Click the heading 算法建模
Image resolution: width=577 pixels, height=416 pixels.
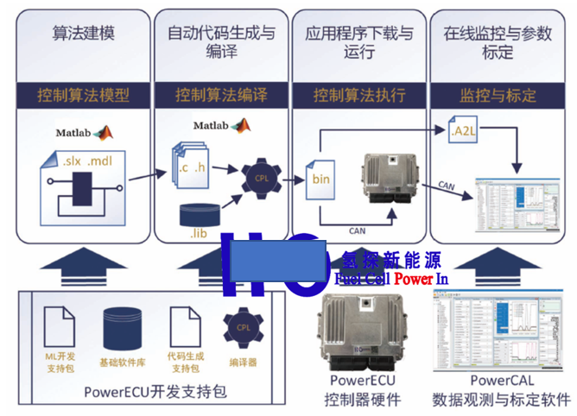coord(83,35)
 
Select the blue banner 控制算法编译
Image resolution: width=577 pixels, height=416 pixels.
coord(221,95)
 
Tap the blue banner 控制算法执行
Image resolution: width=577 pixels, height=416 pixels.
coord(359,95)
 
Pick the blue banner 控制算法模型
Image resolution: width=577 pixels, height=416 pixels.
coord(83,95)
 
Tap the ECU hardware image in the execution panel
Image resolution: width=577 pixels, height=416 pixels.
coord(388,177)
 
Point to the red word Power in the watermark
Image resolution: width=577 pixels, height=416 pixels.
coord(415,278)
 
